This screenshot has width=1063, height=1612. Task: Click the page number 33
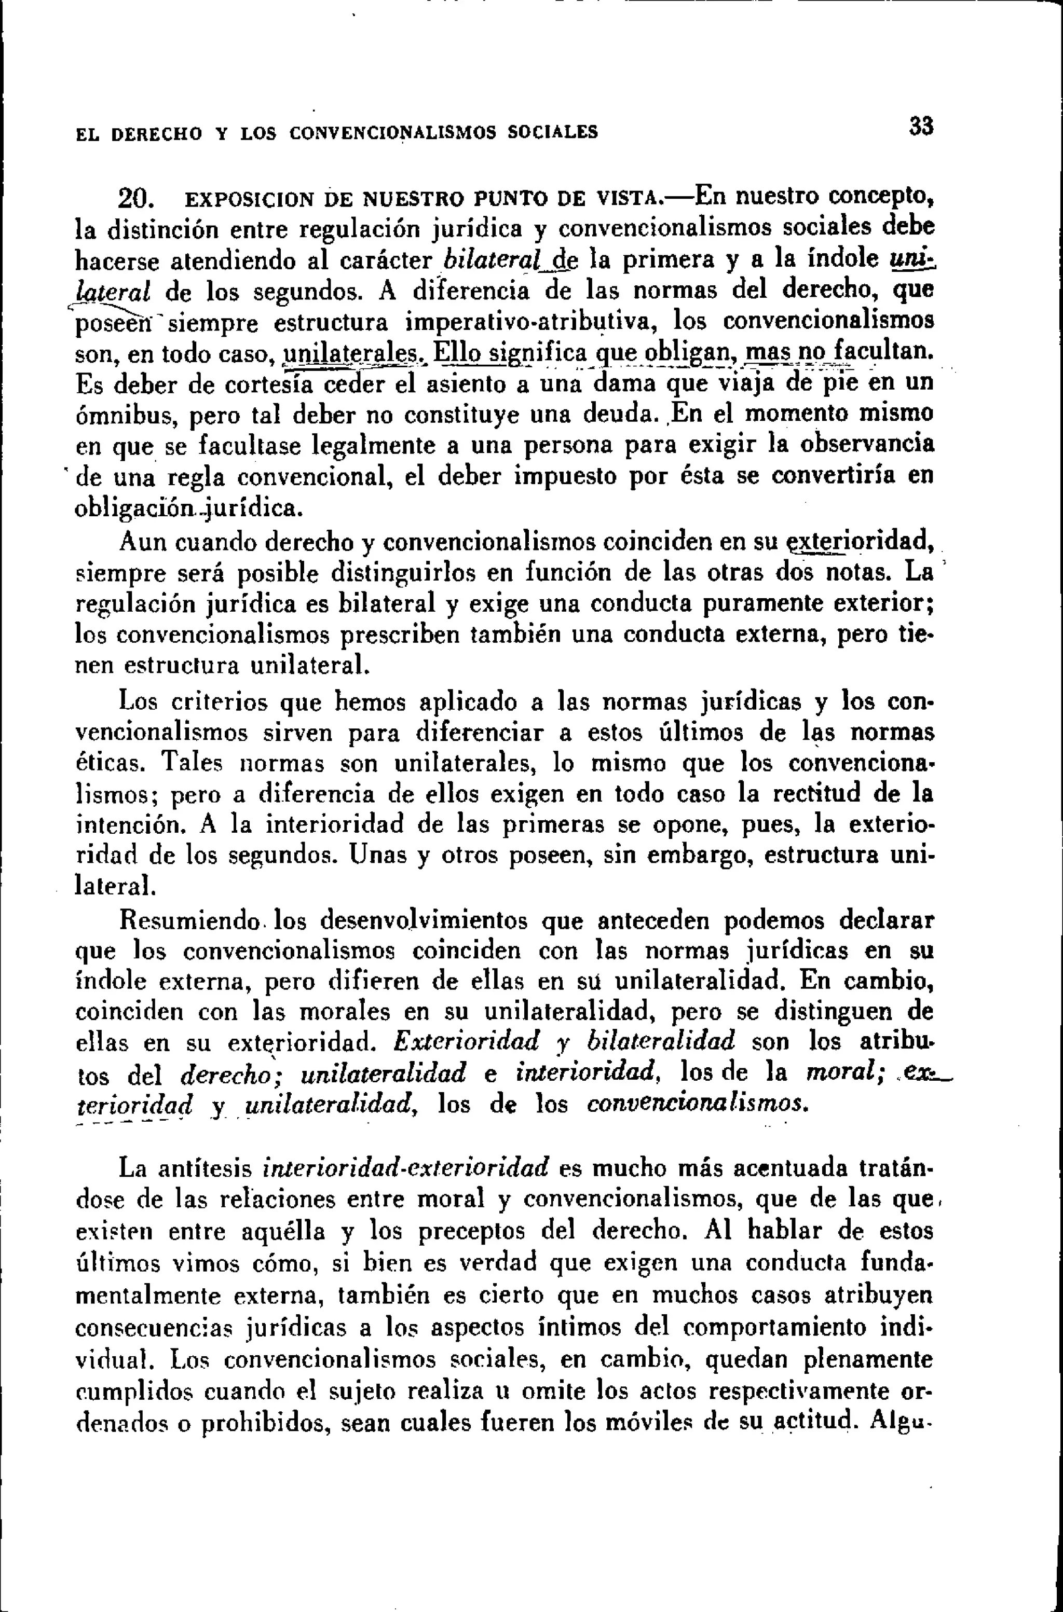[922, 127]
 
